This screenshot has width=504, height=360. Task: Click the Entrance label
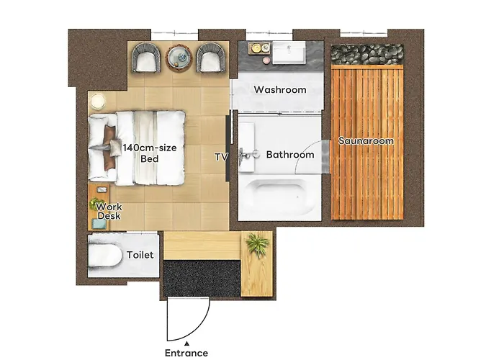click(186, 353)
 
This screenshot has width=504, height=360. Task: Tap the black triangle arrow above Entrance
click(186, 343)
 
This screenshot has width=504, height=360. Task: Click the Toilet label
click(140, 255)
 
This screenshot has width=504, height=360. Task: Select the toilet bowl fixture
click(105, 256)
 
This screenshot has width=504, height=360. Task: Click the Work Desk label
click(109, 211)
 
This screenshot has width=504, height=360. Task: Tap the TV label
click(221, 157)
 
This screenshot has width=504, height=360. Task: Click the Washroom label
click(280, 89)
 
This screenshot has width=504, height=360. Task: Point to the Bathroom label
click(290, 155)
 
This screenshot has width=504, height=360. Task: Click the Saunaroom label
click(366, 141)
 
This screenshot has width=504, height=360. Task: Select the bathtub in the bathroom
click(279, 197)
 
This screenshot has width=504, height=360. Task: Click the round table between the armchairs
click(179, 57)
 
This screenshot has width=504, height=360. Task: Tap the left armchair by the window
click(147, 57)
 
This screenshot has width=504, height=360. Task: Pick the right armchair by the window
click(211, 57)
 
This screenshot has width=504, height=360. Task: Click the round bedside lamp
click(98, 102)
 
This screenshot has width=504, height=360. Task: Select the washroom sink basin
click(289, 52)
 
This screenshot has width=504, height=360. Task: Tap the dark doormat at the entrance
click(202, 279)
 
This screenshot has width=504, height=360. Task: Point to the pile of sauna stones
click(367, 55)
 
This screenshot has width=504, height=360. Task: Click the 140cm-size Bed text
click(150, 153)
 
